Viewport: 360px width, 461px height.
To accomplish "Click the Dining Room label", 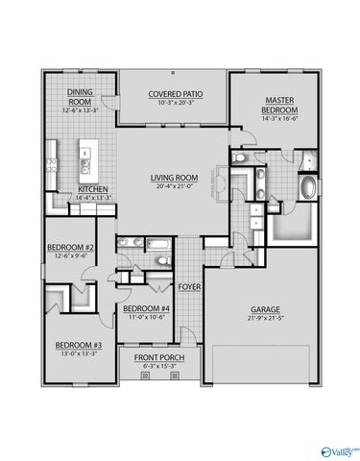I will coord(79,96).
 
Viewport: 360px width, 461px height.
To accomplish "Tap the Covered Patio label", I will coord(173,94).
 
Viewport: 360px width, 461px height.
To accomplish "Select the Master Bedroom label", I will coord(280,105).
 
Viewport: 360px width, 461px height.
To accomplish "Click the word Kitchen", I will coord(92,188).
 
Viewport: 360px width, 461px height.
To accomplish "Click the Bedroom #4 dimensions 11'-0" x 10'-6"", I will coord(146,317).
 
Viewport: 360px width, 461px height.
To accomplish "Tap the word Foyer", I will coord(188,286).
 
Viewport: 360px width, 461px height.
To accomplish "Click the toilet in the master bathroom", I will coord(239,156).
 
